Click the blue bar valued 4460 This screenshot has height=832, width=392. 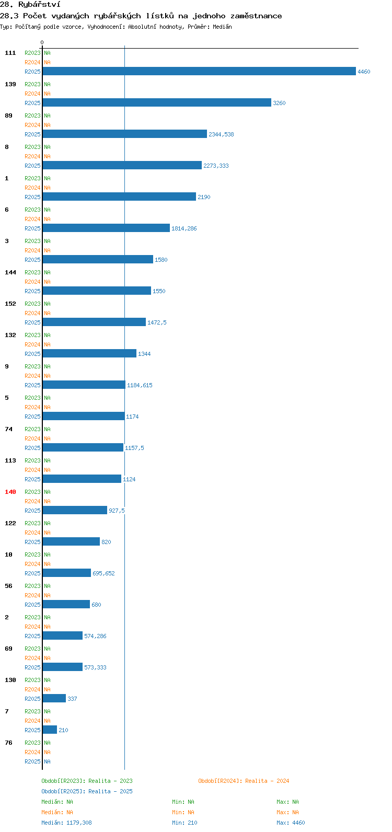(199, 71)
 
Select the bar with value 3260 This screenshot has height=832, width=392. (157, 102)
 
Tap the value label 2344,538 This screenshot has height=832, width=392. (221, 134)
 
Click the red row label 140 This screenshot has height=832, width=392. (10, 492)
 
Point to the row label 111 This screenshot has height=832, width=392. (10, 53)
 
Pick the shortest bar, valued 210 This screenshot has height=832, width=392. (50, 730)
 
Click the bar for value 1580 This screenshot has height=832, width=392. (98, 259)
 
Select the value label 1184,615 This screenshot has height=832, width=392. (140, 385)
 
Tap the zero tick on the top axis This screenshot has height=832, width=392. (42, 43)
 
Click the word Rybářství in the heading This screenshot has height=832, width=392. (39, 5)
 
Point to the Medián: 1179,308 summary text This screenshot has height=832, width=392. (66, 823)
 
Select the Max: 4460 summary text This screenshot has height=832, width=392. (291, 823)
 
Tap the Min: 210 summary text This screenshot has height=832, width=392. (185, 823)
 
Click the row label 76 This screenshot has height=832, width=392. (8, 743)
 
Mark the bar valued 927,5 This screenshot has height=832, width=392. (75, 511)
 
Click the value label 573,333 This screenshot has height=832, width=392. (95, 667)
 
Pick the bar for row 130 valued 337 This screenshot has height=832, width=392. (54, 698)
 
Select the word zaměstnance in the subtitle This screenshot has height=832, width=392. (256, 16)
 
